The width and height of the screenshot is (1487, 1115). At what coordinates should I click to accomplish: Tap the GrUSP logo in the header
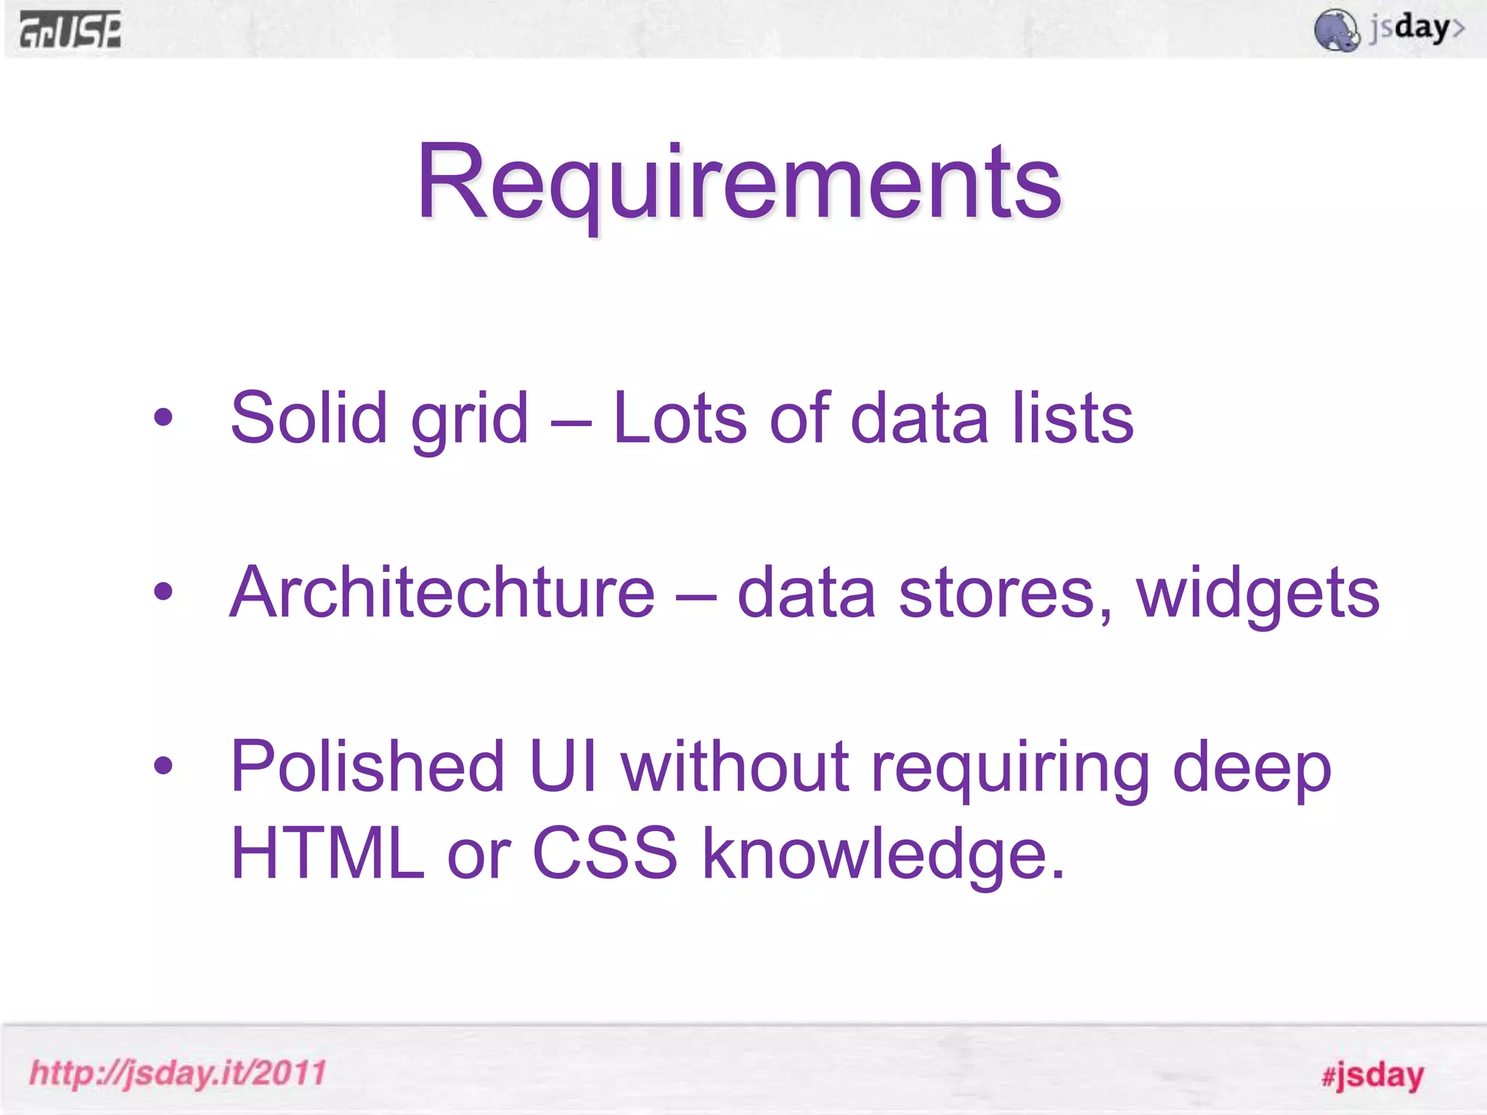pos(70,30)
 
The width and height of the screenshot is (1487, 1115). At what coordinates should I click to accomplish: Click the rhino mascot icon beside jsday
pos(1336,30)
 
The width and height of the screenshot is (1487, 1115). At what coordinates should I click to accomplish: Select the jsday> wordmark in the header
pos(1417,29)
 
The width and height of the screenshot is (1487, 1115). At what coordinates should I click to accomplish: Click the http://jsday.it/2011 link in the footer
pos(178,1073)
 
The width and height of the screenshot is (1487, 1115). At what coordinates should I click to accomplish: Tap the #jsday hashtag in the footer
pos(1372,1075)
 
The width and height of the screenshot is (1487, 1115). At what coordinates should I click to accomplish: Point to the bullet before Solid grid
pos(163,417)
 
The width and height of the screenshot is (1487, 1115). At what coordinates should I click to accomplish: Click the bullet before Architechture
pos(163,592)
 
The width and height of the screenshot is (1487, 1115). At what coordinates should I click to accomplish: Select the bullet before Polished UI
pos(163,765)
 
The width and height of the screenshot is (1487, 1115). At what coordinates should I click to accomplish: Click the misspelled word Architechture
pos(442,593)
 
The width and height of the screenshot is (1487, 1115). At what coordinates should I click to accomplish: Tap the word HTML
pos(327,853)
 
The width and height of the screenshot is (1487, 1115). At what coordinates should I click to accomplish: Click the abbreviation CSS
pos(605,853)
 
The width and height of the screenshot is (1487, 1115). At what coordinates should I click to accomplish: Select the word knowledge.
pos(882,854)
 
